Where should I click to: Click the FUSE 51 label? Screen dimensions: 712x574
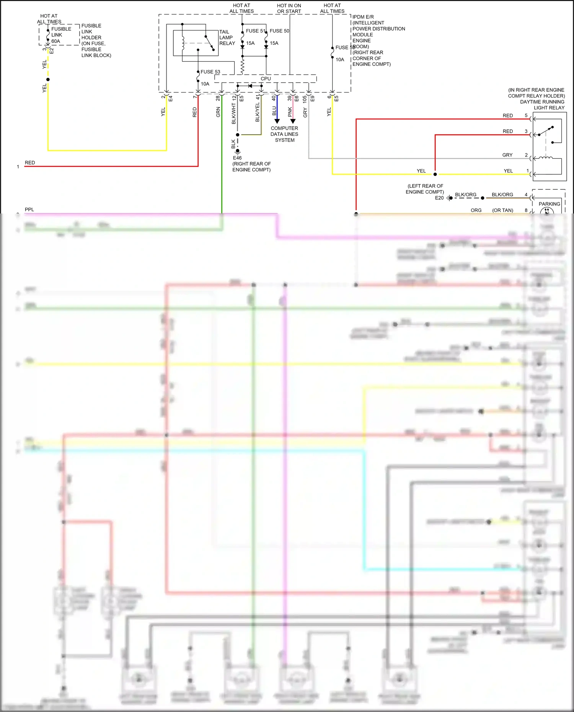255,31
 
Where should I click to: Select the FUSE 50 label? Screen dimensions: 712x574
279,31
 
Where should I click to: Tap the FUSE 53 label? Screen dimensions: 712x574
210,72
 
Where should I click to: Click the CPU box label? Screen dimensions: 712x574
266,79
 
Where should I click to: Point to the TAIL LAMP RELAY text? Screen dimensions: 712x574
227,37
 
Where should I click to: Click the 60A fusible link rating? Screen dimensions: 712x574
56,41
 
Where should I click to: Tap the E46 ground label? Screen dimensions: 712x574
237,158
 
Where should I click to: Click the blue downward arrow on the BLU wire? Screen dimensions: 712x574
277,121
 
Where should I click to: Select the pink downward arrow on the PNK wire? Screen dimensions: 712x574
293,121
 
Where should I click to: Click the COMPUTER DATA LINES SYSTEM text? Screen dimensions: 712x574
284,134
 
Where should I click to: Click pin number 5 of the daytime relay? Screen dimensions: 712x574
526,116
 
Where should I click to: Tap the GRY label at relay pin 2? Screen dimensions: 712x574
507,155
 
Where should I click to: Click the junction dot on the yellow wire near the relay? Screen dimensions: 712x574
435,174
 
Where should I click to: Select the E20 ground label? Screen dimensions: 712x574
439,198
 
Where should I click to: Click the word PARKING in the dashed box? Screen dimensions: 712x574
549,204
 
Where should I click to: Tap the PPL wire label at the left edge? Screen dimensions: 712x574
29,210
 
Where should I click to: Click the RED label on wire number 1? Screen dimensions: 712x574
30,163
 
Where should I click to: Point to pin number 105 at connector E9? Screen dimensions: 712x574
305,99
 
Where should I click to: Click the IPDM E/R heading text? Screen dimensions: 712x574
363,17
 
